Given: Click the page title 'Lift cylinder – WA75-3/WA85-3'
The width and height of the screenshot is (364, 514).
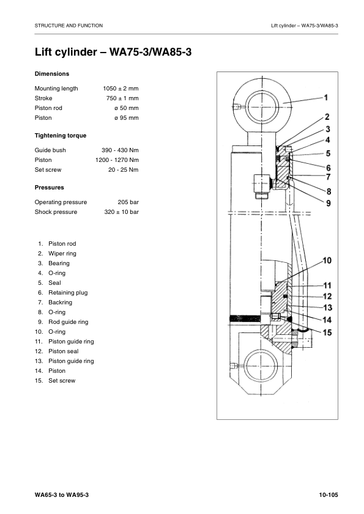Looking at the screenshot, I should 113,53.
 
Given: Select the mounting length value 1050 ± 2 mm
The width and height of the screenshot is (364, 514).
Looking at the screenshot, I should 121,89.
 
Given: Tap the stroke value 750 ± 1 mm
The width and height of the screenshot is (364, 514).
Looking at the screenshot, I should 122,98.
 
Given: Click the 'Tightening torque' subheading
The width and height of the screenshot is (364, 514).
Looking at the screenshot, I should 61,135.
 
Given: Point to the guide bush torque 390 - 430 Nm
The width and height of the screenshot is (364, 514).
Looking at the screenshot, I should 120,150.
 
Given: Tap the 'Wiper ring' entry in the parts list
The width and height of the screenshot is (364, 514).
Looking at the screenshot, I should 62,254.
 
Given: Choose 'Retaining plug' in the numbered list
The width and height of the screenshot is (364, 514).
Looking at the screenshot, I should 68,293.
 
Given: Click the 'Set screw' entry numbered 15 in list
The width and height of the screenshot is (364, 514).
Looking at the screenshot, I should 62,381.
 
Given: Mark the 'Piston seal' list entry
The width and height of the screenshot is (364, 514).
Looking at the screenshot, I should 64,351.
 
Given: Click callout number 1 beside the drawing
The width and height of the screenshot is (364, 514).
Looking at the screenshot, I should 325,97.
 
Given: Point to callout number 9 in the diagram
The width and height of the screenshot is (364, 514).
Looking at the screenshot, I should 329,202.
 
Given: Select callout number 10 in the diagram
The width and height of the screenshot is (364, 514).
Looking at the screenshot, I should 327,261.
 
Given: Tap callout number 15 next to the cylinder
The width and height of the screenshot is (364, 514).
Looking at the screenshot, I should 327,332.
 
